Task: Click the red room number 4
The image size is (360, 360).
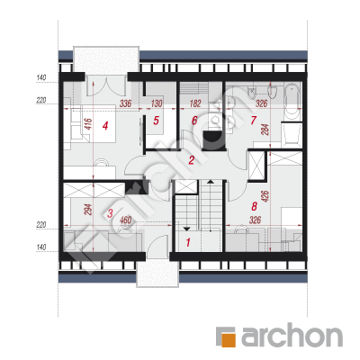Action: click(x=105, y=125)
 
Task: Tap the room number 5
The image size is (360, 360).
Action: click(x=156, y=121)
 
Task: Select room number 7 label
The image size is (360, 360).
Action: click(x=254, y=121)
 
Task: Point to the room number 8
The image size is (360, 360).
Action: click(x=254, y=206)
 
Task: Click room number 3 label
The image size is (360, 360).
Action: click(x=110, y=213)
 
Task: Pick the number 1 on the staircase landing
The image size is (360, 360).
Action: click(x=188, y=242)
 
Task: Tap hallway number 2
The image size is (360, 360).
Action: click(x=192, y=160)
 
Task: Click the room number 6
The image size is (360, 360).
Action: click(x=194, y=121)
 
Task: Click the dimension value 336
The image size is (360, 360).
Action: click(x=125, y=103)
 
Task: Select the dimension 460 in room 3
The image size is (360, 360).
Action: click(x=125, y=220)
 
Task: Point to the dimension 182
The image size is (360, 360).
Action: click(x=195, y=103)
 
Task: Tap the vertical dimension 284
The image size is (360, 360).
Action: click(x=265, y=130)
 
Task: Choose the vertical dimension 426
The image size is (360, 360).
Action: click(x=265, y=196)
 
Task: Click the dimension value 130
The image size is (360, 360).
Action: click(x=157, y=103)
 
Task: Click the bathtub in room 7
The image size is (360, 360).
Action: click(x=292, y=102)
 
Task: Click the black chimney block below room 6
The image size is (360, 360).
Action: click(x=212, y=140)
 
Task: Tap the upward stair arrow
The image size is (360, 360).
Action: click(x=211, y=182)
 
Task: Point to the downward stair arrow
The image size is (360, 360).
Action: click(x=186, y=229)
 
